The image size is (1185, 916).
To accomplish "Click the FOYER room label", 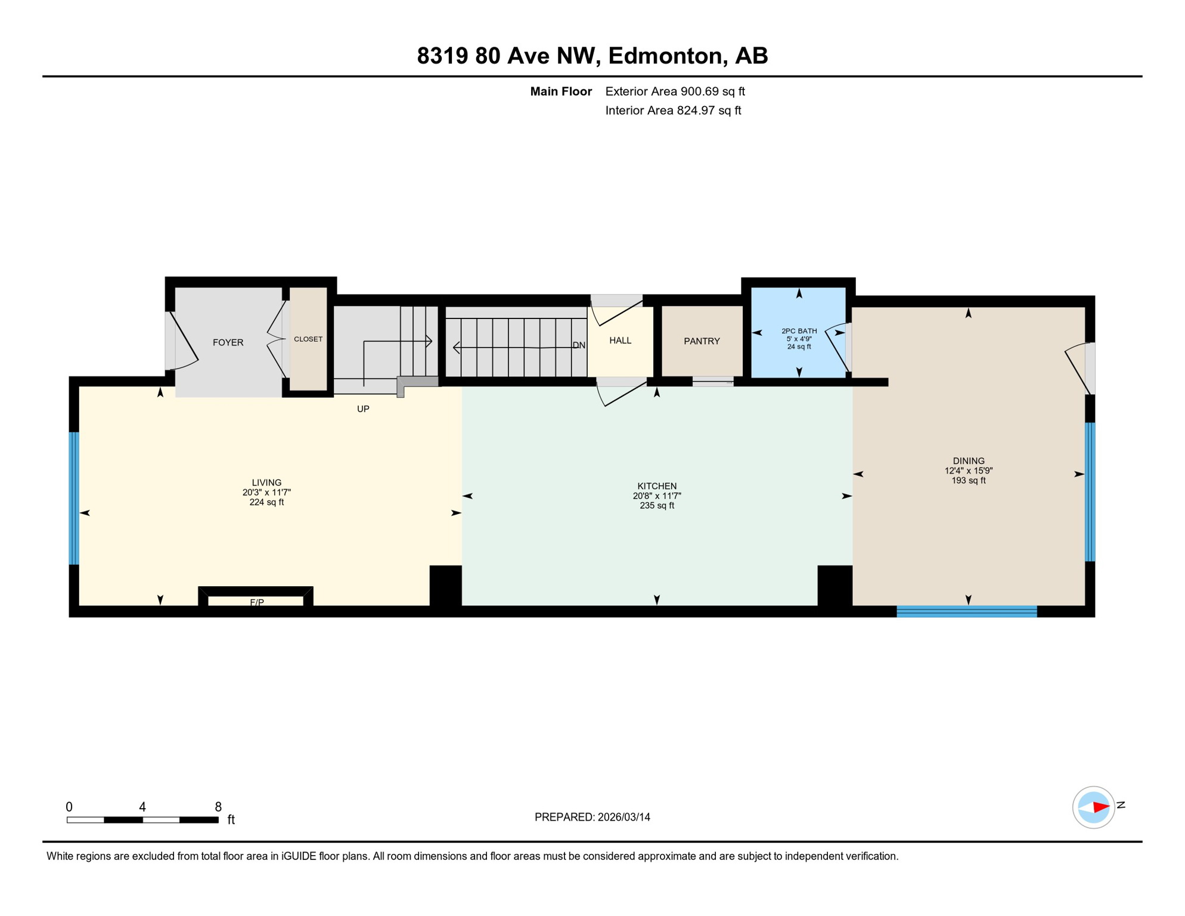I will pos(228,342).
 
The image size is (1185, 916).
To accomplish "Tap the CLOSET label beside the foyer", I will pos(308,339).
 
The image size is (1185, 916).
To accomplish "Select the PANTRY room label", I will pos(702,341).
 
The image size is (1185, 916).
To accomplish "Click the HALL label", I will pos(620,341).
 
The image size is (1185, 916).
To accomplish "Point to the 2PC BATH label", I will pos(799,331).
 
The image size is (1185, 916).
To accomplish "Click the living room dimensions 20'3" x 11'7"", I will pos(266,493).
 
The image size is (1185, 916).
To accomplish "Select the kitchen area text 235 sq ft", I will pos(657,506).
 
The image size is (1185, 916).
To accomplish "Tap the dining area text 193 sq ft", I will pos(968,481).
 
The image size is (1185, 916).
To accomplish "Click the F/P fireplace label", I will pos(257,602).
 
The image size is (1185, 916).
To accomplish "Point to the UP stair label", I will pos(363,409).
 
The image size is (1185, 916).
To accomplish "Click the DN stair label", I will pos(579,345).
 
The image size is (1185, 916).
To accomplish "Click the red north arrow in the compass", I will pos(1100,807).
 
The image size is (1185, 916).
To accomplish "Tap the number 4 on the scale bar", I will pos(142,807).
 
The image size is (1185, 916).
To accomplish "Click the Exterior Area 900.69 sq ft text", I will pos(675,91).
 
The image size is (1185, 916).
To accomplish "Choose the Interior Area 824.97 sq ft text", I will pos(673,110).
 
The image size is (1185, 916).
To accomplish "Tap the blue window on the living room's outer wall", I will pos(74,498).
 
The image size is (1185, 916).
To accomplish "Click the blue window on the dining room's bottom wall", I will pos(966,611).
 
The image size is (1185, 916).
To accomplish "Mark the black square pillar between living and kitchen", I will pos(445,585).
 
